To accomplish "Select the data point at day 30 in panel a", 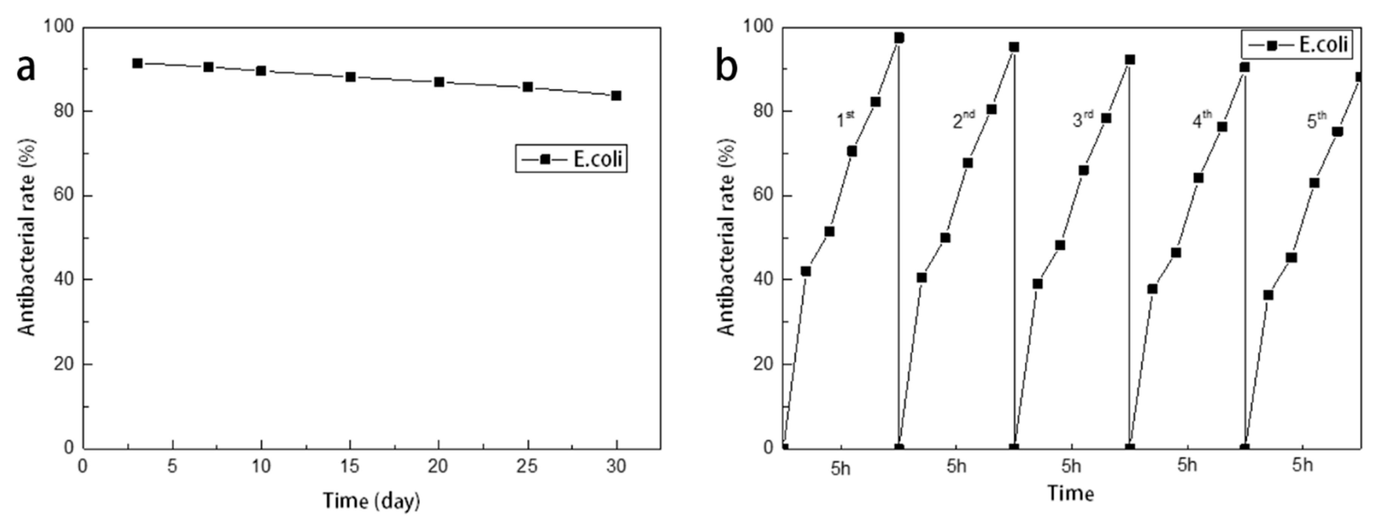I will (x=616, y=95).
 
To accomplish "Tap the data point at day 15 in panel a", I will (x=350, y=77).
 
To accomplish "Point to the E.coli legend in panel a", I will (x=571, y=159).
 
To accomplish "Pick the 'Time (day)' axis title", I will (x=371, y=501).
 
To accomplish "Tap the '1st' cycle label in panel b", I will (x=845, y=119).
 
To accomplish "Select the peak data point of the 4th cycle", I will (x=1244, y=67).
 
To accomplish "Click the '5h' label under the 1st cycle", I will (x=840, y=469).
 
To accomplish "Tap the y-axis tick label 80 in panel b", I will (x=762, y=111).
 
